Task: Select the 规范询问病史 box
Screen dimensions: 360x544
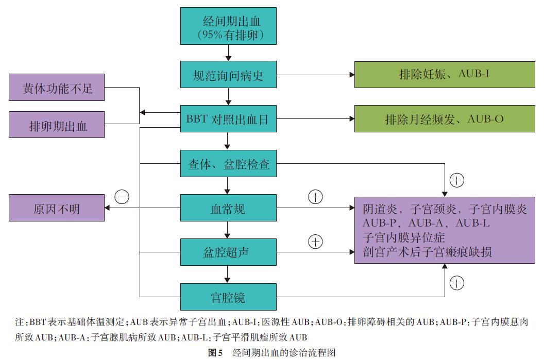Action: [228, 75]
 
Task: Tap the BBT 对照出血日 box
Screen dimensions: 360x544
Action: [228, 119]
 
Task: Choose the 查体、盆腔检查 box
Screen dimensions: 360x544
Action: [228, 165]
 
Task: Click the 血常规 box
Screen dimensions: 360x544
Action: [228, 209]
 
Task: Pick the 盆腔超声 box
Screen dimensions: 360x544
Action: [228, 252]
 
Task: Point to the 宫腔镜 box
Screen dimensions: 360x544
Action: [228, 297]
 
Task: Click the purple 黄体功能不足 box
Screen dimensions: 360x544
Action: [57, 88]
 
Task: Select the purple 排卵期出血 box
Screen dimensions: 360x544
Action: [57, 125]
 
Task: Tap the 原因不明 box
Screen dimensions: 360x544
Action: [57, 209]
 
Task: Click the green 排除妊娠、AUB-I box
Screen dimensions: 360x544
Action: [444, 74]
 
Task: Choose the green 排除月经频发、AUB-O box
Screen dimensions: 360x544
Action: [444, 119]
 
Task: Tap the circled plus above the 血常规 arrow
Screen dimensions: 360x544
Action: [315, 197]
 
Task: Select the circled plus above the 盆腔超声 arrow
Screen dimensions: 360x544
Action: [315, 241]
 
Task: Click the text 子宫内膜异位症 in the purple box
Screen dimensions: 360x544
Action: [403, 237]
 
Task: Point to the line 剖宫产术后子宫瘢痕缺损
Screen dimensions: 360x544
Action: [427, 252]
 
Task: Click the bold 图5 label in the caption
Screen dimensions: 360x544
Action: [215, 353]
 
